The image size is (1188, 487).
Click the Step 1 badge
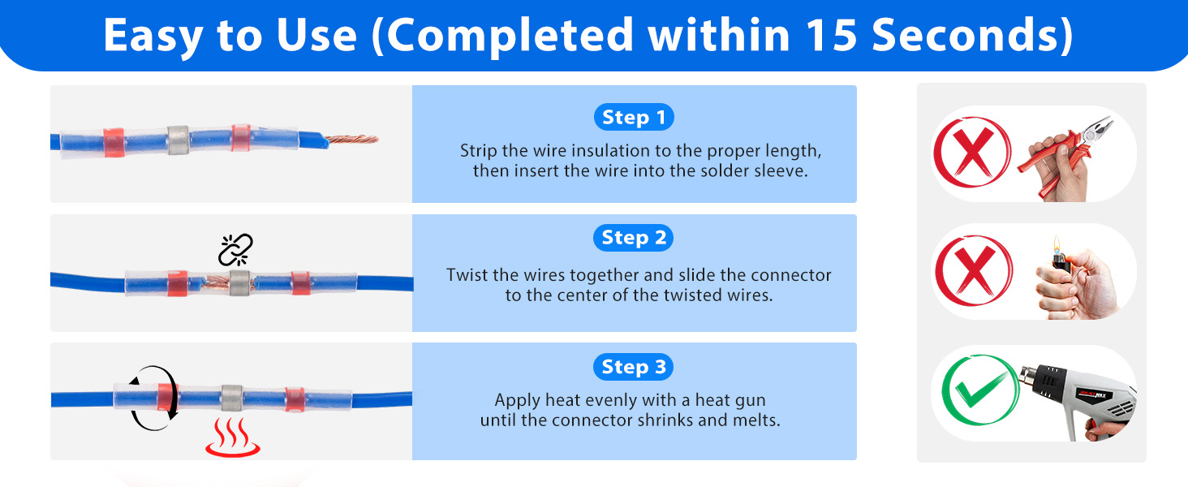634,118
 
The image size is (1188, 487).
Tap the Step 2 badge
634,238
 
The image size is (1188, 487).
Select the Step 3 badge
634,367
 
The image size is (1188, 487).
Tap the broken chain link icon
236,250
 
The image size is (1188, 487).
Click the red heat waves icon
232,438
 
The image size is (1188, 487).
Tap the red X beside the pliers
971,152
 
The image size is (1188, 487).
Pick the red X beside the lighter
971,271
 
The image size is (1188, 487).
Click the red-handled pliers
1070,158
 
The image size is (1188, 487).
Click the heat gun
1071,394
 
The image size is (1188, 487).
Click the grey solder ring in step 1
178,140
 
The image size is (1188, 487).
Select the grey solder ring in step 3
232,398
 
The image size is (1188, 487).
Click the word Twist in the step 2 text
467,274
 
